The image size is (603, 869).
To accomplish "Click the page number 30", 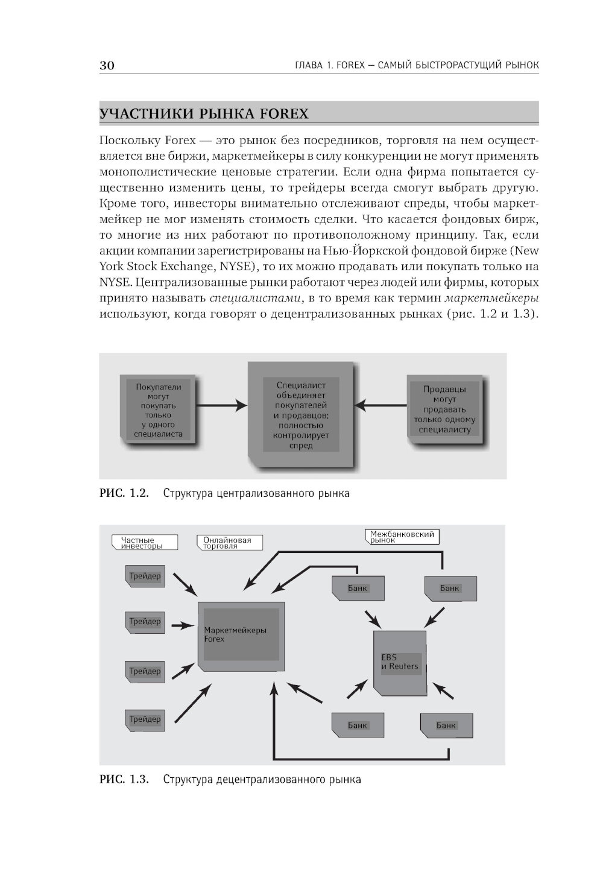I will coord(107,66).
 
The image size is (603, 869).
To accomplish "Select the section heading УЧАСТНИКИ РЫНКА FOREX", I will coord(204,114).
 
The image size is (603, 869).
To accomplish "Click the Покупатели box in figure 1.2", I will coord(159,410).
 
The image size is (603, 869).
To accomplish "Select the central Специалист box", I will coord(300,415).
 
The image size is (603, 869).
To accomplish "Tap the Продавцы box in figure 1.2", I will coord(444,409).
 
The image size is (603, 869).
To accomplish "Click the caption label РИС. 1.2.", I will coord(124,494).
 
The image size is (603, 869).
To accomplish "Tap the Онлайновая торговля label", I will coord(230,542).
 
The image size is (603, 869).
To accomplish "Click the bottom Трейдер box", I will coord(145,720).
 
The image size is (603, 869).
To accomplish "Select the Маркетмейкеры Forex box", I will coord(241,635).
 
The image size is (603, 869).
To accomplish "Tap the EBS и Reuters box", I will coord(399,662).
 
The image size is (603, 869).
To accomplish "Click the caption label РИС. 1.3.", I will coord(124,779).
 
